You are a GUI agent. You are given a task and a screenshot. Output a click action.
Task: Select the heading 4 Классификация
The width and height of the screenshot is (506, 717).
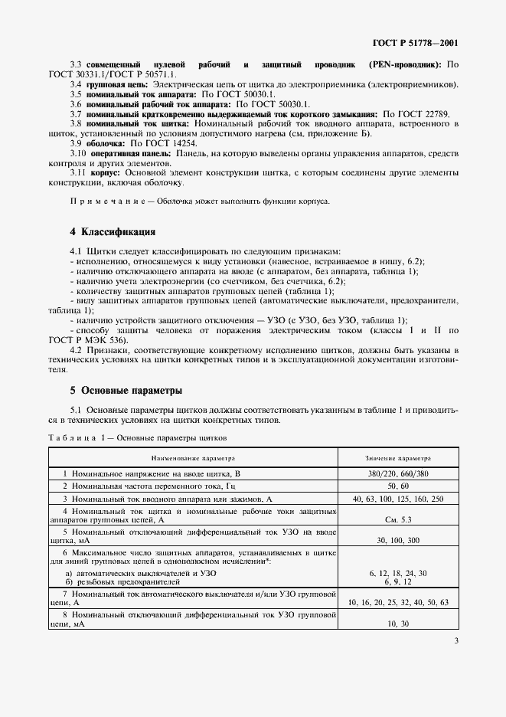click(x=113, y=232)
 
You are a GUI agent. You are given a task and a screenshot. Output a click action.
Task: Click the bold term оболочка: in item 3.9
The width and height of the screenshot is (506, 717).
click(x=106, y=143)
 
